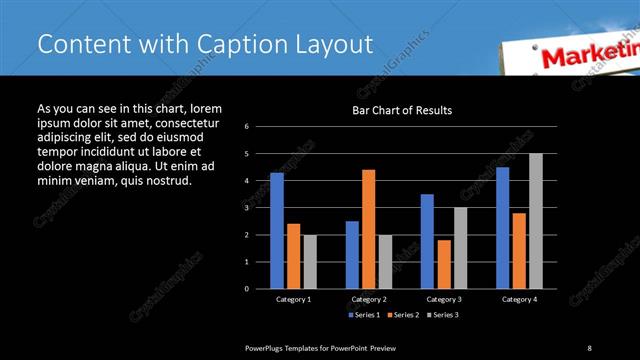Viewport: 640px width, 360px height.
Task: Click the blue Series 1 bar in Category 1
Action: (276, 231)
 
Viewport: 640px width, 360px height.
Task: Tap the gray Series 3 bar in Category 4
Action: (535, 221)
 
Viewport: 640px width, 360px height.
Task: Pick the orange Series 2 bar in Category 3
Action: (443, 264)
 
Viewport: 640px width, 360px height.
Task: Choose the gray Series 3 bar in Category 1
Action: (310, 262)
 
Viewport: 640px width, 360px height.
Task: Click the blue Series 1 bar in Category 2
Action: (352, 255)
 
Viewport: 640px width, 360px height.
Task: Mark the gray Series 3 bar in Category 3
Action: (460, 248)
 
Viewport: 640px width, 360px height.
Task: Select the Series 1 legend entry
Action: (365, 314)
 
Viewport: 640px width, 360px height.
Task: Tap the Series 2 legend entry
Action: (403, 314)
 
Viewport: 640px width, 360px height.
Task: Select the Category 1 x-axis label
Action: (293, 299)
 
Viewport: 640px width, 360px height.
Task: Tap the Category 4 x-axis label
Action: (518, 299)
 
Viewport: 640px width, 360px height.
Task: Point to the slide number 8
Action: (589, 347)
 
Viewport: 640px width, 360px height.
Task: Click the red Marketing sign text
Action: (590, 57)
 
